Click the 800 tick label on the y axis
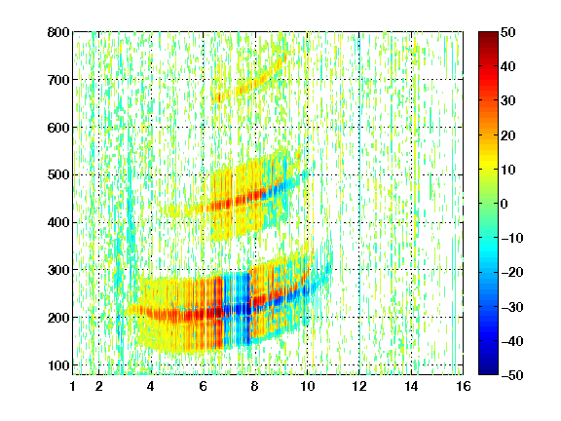[x=58, y=32]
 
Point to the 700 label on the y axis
[x=58, y=80]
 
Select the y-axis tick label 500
[x=58, y=175]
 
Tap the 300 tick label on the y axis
[x=58, y=270]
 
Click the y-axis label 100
[x=58, y=365]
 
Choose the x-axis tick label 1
[x=73, y=386]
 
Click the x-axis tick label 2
[x=99, y=386]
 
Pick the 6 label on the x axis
[x=204, y=386]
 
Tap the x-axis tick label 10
[x=307, y=386]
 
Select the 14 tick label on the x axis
[x=411, y=386]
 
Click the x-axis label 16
[x=464, y=386]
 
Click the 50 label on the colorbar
[x=508, y=32]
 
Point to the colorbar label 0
[x=505, y=204]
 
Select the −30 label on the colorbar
[x=512, y=307]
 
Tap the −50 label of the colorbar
[x=512, y=375]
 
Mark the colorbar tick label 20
[x=508, y=135]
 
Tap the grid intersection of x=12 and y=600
[x=359, y=128]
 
